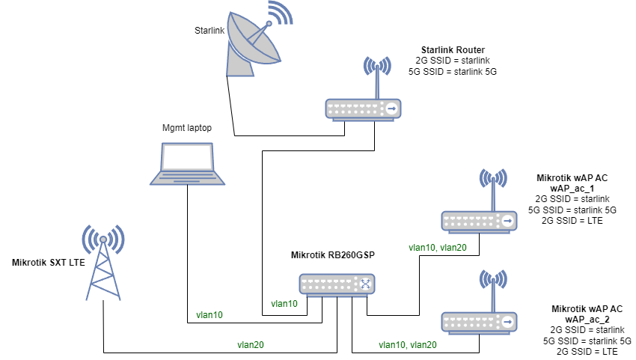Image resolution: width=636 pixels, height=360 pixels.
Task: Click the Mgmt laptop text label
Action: (x=187, y=128)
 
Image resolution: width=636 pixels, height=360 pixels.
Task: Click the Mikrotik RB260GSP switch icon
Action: (x=337, y=284)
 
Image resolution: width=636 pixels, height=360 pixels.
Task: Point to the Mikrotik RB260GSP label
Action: (x=331, y=255)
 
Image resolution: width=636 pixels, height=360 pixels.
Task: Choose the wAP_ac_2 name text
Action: (x=587, y=319)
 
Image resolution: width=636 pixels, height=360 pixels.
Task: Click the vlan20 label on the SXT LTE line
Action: (x=251, y=345)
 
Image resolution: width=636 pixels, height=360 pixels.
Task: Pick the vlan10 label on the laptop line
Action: (x=210, y=315)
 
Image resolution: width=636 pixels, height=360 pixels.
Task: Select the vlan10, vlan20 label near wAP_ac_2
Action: (x=409, y=345)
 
